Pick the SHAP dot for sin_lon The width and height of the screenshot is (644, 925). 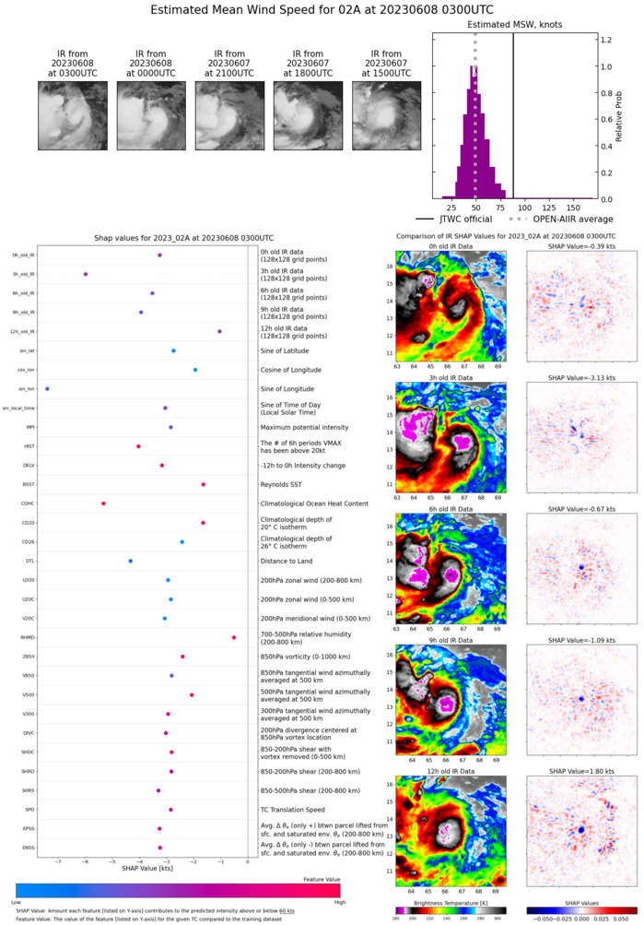tap(47, 389)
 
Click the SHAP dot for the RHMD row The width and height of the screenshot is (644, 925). tap(234, 637)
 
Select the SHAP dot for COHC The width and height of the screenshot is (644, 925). tap(103, 504)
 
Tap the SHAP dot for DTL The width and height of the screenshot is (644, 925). tap(131, 561)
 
